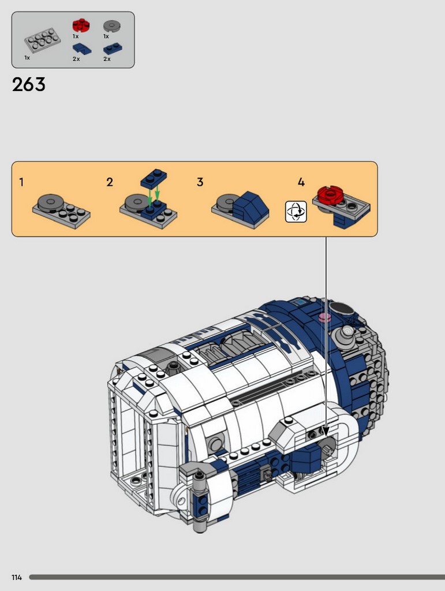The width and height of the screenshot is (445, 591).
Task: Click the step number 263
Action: point(29,84)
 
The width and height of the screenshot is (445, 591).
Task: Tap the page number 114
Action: point(17,577)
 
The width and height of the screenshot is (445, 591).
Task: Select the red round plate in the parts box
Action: point(81,25)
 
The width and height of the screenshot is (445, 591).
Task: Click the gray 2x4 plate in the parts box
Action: point(43,41)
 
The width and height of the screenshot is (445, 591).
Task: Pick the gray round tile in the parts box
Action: point(112,26)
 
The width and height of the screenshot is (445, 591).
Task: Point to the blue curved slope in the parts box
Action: point(82,48)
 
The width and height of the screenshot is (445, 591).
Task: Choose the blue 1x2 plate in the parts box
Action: point(113,48)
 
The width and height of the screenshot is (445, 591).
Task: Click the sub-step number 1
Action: point(21,182)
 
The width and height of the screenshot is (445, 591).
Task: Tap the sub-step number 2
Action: point(110,182)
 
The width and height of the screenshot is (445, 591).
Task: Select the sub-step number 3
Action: point(200,182)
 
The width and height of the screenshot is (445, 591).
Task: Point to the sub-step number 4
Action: point(301,182)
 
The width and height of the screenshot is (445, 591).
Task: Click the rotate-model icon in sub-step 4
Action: point(296,212)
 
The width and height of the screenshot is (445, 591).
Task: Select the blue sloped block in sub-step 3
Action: point(250,205)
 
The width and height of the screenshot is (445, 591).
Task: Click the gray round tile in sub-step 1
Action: point(50,201)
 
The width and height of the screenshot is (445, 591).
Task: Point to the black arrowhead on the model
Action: point(326,431)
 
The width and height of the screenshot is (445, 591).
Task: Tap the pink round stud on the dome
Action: point(325,317)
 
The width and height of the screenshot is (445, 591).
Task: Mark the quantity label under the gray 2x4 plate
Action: point(27,58)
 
